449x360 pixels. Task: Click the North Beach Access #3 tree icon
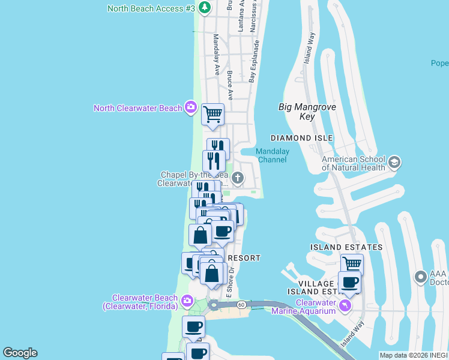coord(205,8)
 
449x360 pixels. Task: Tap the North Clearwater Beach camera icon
coord(190,107)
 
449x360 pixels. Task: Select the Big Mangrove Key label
coord(307,112)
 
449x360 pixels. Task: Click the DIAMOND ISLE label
coord(301,138)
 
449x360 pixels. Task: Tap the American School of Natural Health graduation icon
coord(394,163)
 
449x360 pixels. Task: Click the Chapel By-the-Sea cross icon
coord(238,178)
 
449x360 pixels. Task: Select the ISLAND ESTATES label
coord(346,247)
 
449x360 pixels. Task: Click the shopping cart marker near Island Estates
coord(352,264)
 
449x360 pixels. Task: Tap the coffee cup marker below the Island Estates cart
coord(349,282)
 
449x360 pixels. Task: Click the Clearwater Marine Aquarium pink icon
coord(345,306)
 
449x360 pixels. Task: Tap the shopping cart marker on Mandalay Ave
coord(213,113)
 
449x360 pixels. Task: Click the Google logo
coord(20,353)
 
